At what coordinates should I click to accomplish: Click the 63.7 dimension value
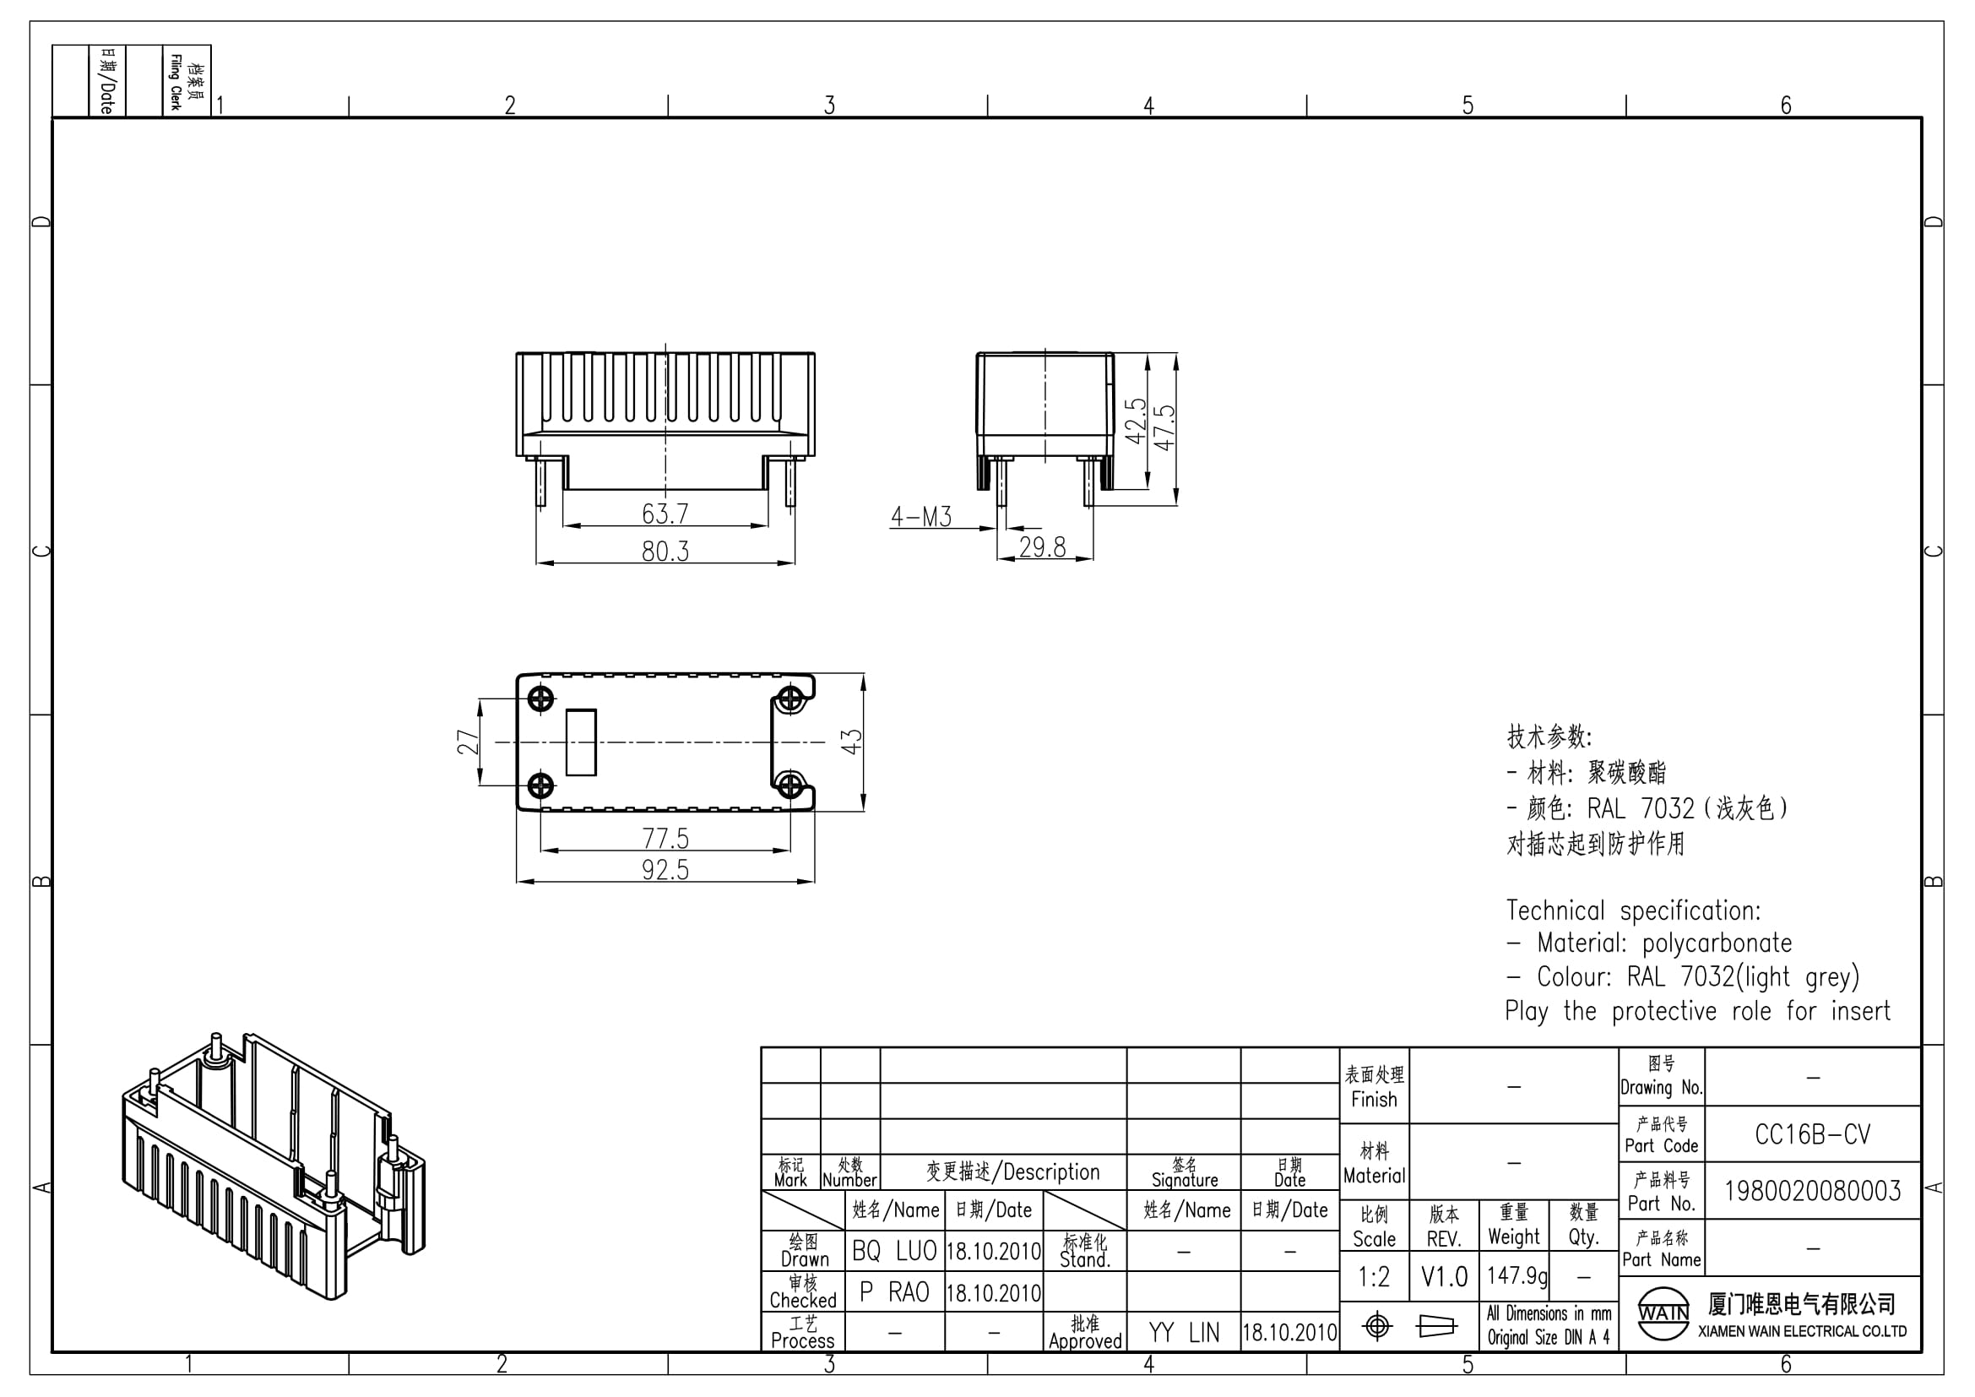click(665, 514)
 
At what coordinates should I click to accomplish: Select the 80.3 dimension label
click(665, 551)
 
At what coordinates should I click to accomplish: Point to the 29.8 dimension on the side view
click(1043, 546)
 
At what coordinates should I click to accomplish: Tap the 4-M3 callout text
click(921, 516)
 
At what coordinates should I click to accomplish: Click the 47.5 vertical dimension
click(1164, 427)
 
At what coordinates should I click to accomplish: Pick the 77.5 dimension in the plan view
click(665, 838)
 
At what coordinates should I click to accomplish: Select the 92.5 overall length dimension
click(665, 870)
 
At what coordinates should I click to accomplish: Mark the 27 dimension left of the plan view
click(467, 742)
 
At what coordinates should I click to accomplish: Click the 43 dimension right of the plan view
click(851, 742)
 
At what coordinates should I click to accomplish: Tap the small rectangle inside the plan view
click(582, 742)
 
